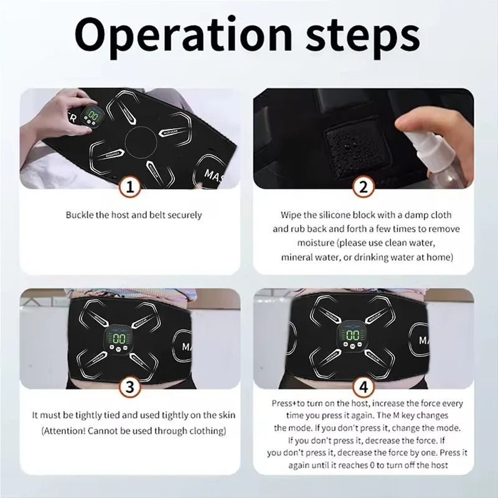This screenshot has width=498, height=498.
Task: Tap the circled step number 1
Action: click(x=129, y=186)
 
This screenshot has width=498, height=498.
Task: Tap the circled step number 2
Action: click(x=364, y=186)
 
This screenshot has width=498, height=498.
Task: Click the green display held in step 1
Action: click(x=95, y=116)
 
